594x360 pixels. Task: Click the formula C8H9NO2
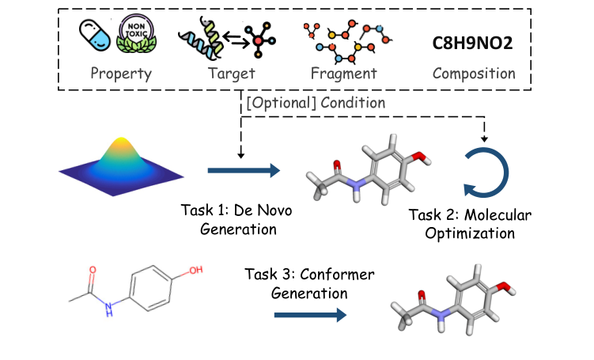click(474, 42)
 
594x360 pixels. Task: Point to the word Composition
click(474, 74)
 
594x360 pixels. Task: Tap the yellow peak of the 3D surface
click(122, 144)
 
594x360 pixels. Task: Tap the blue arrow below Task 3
click(310, 315)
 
